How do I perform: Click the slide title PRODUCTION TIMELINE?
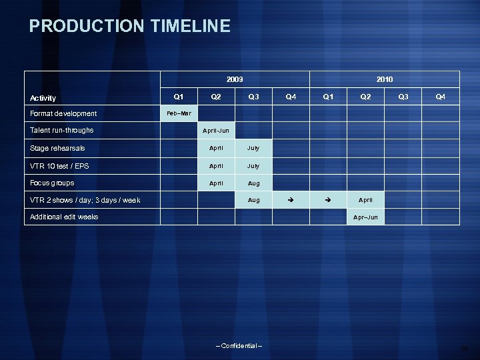(130, 27)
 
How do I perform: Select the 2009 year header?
(235, 79)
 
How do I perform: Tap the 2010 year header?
(385, 79)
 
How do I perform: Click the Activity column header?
(43, 98)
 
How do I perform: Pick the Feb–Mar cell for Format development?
(179, 113)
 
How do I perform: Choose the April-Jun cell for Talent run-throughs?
(216, 131)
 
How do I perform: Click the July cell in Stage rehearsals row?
(253, 148)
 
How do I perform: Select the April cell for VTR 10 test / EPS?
(216, 165)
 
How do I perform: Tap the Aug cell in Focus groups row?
(253, 183)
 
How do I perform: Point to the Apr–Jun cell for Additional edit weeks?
(365, 217)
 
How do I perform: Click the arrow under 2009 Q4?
(291, 200)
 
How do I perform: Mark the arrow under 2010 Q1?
(328, 200)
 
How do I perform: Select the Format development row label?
(63, 113)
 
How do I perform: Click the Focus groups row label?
(52, 183)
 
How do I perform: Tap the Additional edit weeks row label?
(64, 217)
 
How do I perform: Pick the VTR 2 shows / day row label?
(85, 200)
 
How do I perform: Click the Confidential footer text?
(239, 345)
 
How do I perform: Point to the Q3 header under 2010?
(403, 96)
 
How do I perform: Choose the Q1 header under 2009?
(179, 96)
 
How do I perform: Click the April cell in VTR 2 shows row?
(365, 200)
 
